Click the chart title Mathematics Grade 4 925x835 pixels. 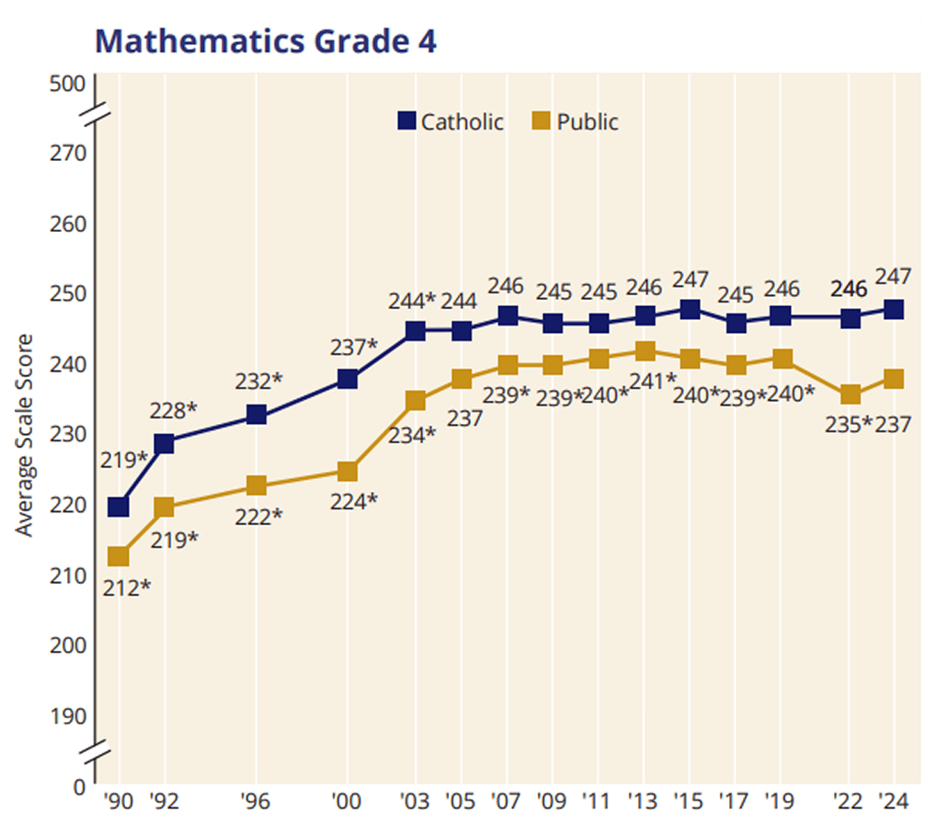266,40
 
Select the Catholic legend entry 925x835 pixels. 451,121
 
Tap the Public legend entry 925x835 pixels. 577,121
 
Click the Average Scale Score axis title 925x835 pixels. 26,435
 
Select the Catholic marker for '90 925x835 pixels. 119,507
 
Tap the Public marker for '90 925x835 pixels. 119,556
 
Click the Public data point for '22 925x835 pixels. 851,395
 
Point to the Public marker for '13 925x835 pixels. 645,351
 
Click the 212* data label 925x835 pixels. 127,586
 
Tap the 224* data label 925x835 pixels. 354,501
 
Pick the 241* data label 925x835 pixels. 652,380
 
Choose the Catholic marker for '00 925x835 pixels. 348,379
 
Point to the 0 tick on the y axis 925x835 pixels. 79,787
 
